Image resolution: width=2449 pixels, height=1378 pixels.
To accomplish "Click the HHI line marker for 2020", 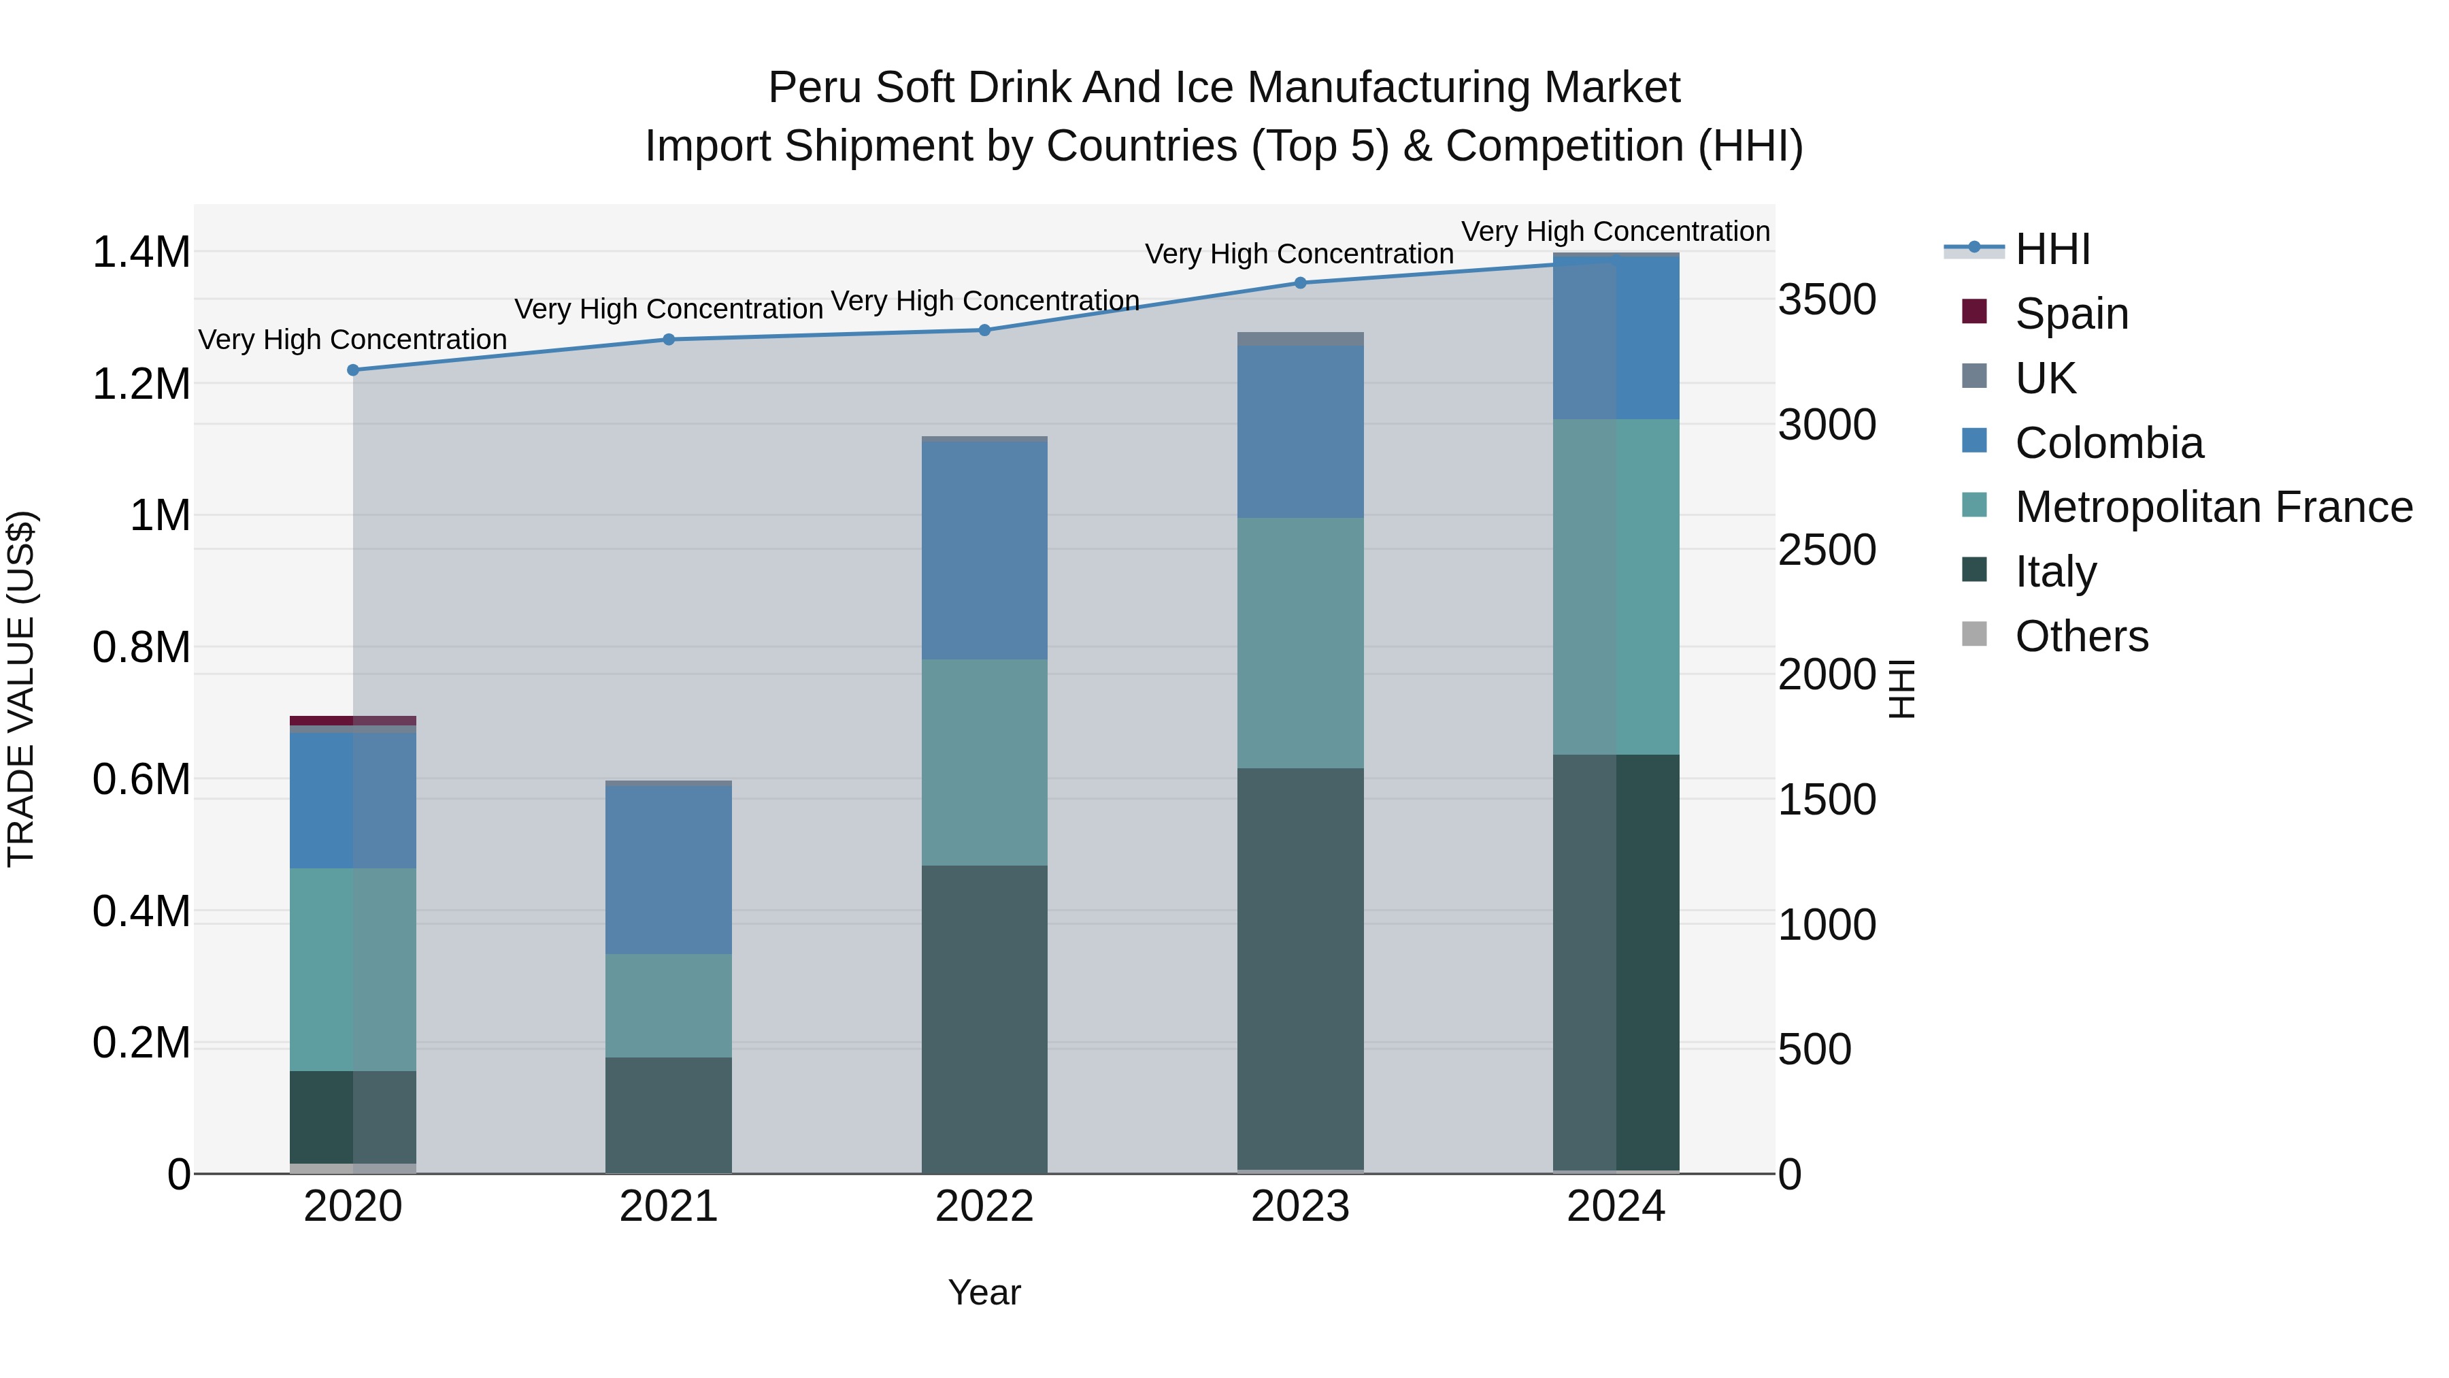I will tap(352, 370).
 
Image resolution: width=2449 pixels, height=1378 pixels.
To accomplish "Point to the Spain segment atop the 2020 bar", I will tap(352, 721).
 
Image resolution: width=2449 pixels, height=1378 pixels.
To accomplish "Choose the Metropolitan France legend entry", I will tap(2212, 507).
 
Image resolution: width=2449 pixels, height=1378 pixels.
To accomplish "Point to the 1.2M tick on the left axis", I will tap(141, 384).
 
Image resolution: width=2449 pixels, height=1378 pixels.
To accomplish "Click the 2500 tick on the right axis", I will tap(1827, 550).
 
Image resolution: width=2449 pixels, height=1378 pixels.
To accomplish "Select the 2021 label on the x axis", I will tap(668, 1207).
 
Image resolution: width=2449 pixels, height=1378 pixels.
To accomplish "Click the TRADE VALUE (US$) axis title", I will tap(21, 689).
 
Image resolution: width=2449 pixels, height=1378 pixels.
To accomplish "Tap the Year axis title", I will tap(984, 1292).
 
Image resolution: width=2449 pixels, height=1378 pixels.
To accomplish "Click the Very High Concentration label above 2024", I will tap(1614, 231).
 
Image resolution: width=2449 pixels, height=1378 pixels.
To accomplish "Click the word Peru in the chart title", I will tap(813, 88).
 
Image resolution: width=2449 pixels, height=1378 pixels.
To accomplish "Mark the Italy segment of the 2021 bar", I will tap(668, 1115).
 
